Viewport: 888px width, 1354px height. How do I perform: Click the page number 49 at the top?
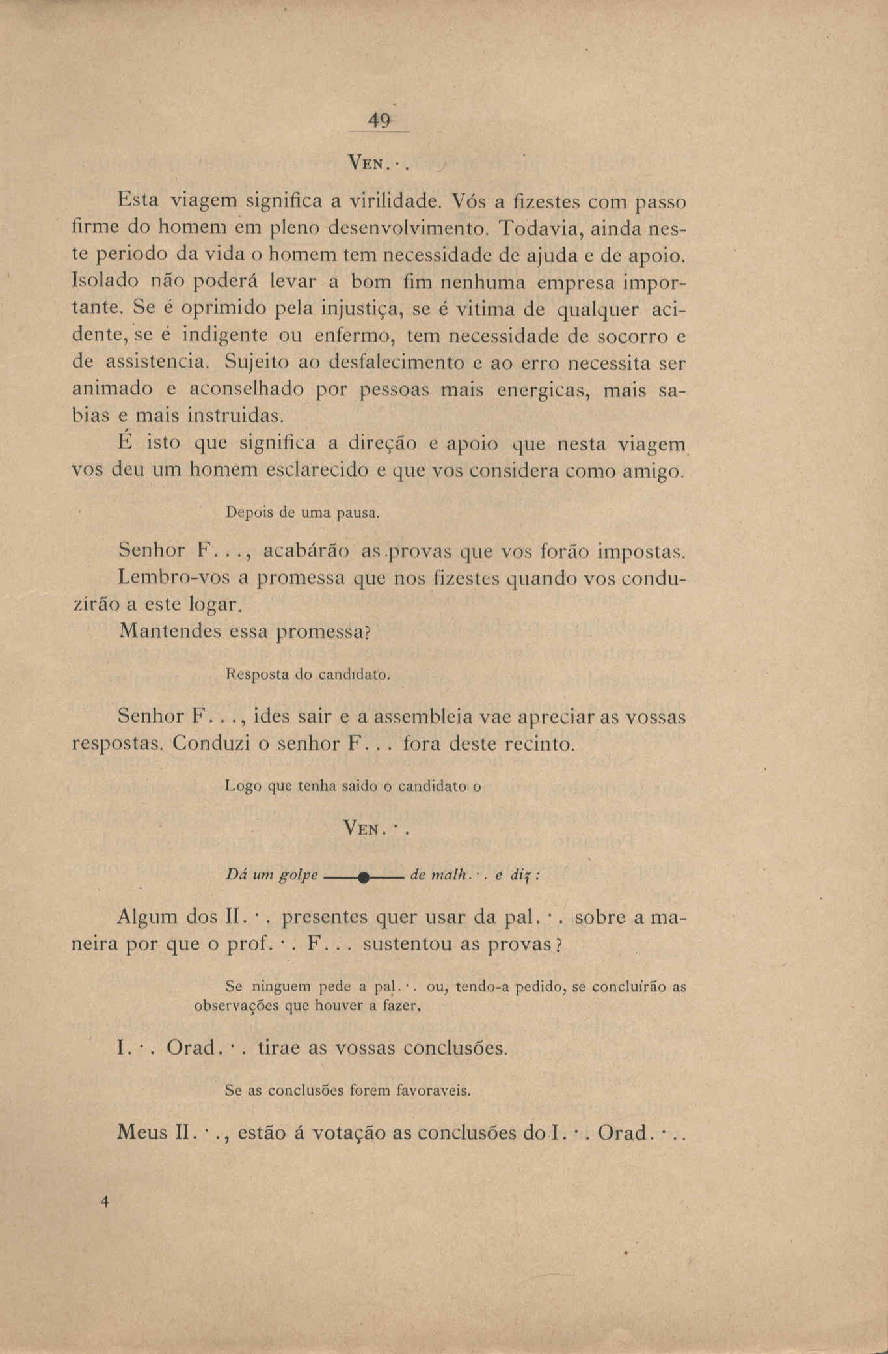(x=379, y=120)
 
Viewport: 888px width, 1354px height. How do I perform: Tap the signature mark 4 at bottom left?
(x=104, y=1202)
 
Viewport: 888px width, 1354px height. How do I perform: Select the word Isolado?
(x=104, y=281)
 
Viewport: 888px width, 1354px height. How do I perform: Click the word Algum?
(x=148, y=917)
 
